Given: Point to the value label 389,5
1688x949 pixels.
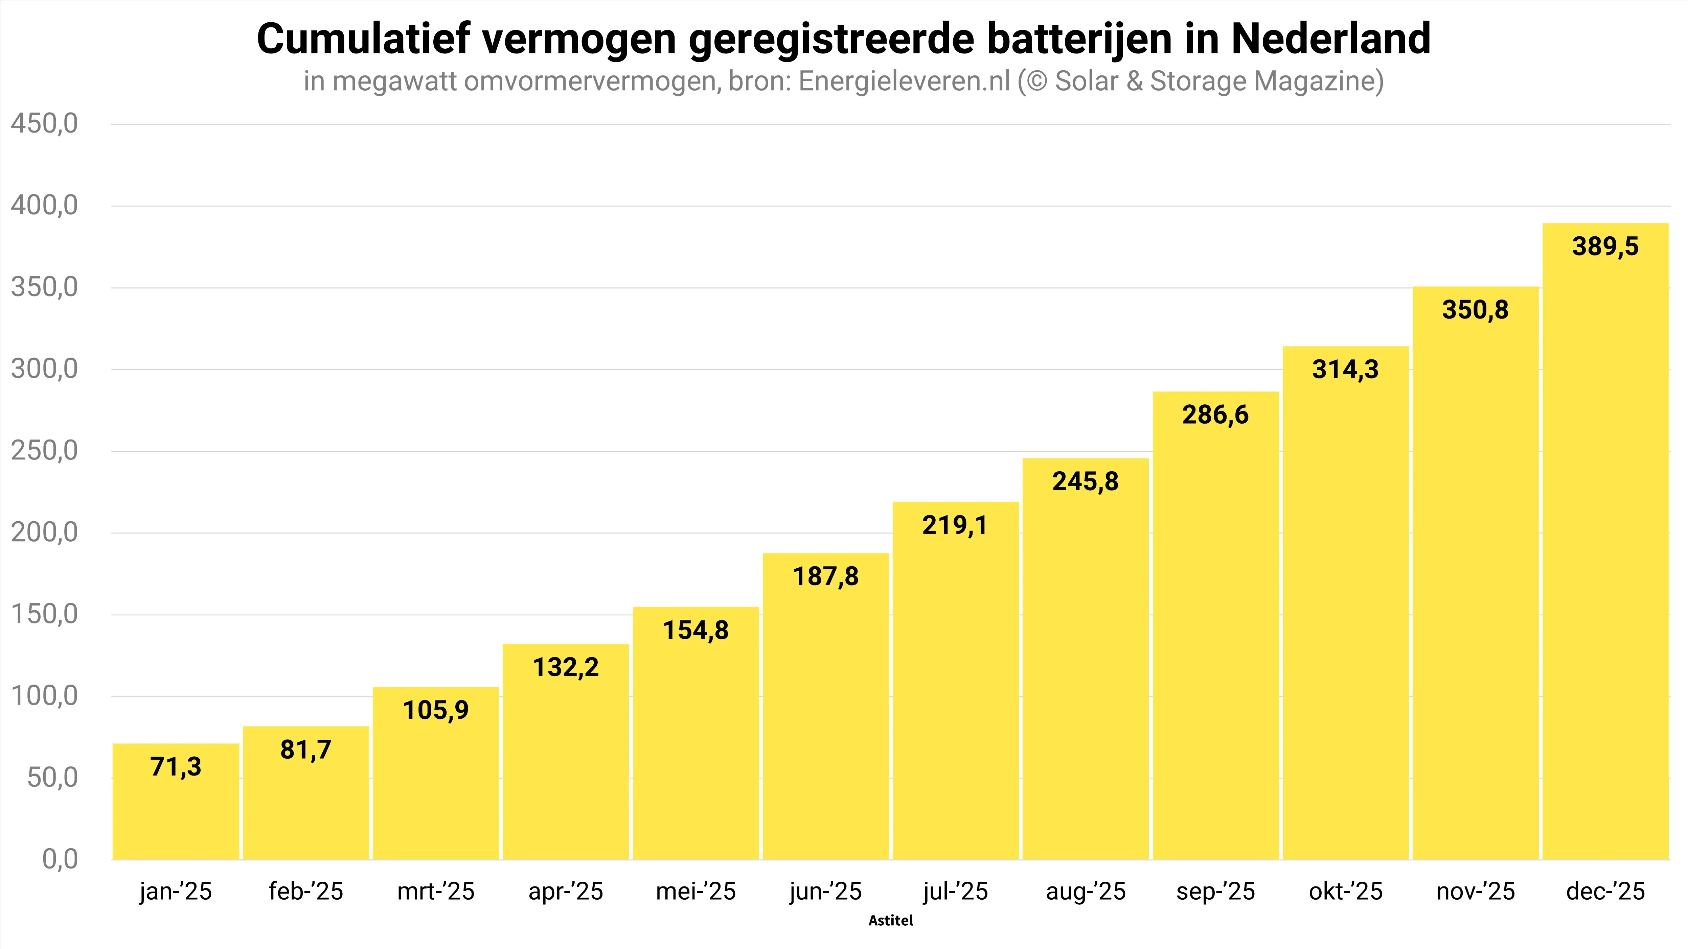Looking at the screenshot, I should point(1605,247).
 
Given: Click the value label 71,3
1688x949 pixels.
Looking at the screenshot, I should point(176,766).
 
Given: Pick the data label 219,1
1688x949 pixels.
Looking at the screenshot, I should point(955,525).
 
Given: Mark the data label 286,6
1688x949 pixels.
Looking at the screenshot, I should point(1215,414).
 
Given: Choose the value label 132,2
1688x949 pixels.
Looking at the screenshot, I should point(566,667).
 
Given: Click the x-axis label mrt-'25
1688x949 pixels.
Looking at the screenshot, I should point(436,892).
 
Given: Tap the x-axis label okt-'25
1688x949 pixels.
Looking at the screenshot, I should point(1345,892).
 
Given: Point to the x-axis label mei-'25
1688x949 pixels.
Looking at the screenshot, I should point(696,892).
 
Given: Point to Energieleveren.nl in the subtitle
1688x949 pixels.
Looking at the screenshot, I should point(904,81).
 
